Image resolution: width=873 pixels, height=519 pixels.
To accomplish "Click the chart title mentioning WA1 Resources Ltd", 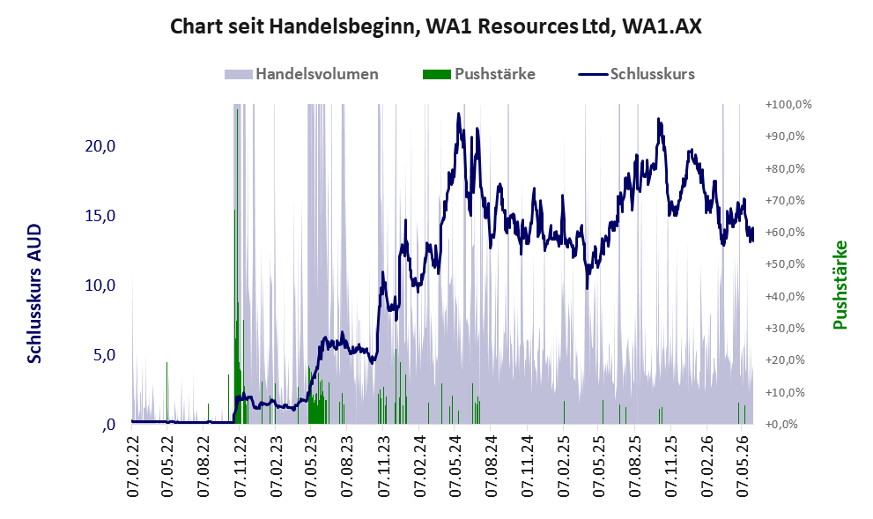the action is click(435, 26).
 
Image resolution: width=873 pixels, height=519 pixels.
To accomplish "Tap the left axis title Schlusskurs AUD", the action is click(34, 293).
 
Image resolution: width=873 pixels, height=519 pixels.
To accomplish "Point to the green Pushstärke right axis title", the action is click(840, 285).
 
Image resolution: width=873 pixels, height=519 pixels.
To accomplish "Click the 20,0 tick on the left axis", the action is click(100, 146).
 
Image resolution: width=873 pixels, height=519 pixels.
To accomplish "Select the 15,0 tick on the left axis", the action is click(100, 216).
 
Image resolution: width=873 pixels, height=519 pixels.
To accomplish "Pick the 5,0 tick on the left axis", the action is click(104, 355).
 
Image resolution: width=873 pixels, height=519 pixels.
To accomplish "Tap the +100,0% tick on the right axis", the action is click(788, 105).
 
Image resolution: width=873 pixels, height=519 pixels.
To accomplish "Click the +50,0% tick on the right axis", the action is click(785, 264).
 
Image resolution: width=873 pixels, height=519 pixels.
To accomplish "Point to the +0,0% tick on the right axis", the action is click(781, 425).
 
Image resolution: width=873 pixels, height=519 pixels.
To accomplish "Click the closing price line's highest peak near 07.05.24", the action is click(459, 114).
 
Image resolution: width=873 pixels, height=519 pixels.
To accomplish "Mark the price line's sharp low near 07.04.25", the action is click(587, 288).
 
